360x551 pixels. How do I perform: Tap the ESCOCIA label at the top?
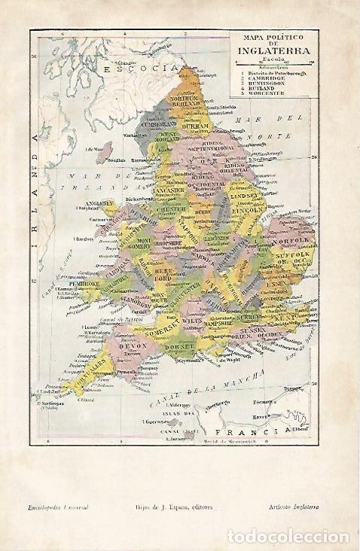click(133, 68)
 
